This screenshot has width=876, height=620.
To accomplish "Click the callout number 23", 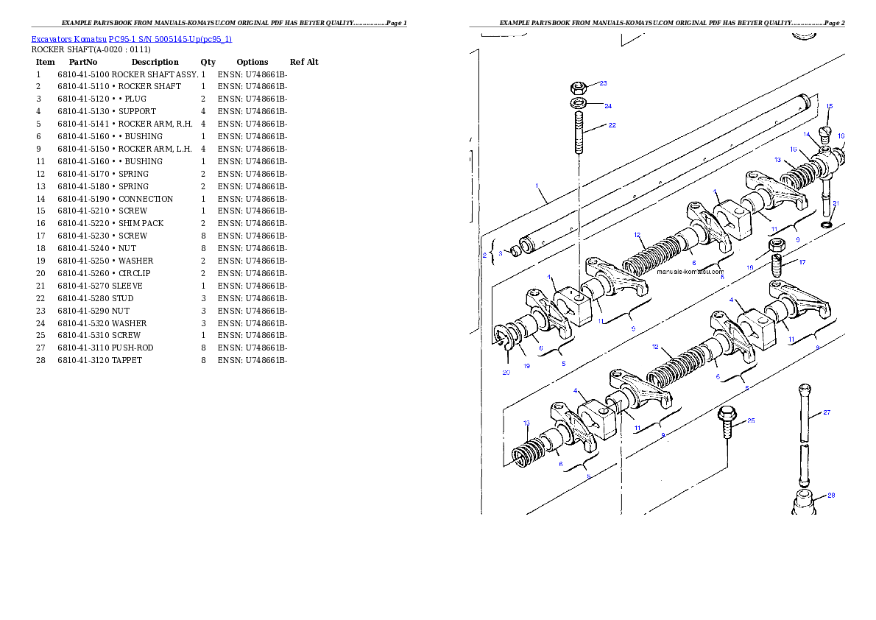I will coord(603,83).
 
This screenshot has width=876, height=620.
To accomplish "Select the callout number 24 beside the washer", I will coord(608,106).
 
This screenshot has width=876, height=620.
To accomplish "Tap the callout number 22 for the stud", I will coord(612,125).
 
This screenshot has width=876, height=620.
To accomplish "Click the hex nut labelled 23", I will coord(579,86).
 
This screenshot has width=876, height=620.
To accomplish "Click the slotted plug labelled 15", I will coord(825,133).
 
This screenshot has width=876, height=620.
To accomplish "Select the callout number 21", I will coord(836,203).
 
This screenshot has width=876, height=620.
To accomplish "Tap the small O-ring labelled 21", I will coord(827,224).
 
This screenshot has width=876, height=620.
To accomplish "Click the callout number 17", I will coord(802,262).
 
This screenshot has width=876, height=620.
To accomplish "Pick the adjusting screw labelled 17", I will coord(775,263).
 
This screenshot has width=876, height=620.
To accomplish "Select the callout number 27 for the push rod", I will coord(827,412).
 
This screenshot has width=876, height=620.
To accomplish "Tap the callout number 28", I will coord(831,496).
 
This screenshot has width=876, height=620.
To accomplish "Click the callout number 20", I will coord(506,373).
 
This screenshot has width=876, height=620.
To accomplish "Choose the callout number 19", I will coord(526,366).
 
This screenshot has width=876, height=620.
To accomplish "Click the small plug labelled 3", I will coord(516,252).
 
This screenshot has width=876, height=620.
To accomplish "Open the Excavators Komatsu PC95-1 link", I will coord(131,39).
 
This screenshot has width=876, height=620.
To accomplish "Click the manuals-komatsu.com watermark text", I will coord(690,271).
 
